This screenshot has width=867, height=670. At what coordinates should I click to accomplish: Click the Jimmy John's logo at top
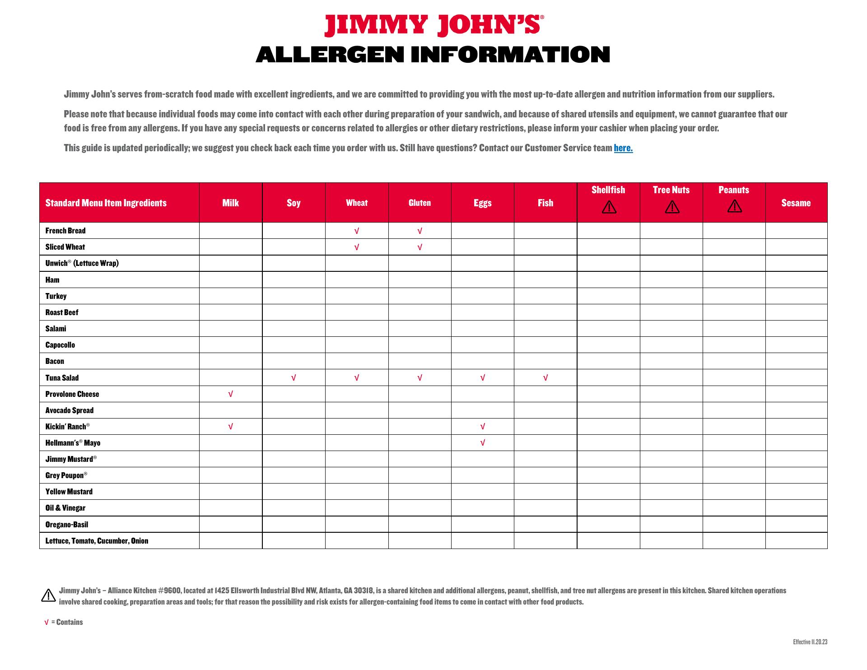(x=433, y=25)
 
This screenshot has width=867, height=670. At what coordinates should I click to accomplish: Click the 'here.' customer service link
(x=623, y=148)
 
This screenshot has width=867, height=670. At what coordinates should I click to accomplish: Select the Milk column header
(x=230, y=203)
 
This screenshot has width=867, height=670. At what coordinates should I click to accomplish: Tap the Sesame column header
(x=796, y=203)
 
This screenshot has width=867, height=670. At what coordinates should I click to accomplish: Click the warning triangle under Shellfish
(x=609, y=207)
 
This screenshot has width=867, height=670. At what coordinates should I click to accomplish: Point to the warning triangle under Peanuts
(x=734, y=206)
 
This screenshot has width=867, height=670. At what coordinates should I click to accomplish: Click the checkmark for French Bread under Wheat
(x=357, y=231)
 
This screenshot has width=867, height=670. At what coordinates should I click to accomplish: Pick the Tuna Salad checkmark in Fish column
(x=545, y=378)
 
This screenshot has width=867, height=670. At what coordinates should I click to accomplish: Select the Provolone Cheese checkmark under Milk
(x=230, y=394)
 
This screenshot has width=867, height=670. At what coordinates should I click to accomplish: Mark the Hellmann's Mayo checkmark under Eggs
(x=483, y=443)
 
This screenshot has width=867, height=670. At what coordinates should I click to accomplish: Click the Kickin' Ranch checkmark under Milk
(x=230, y=427)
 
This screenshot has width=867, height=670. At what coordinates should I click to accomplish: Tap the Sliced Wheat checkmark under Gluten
(x=420, y=247)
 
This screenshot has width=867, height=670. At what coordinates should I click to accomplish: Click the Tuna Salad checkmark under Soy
(x=294, y=378)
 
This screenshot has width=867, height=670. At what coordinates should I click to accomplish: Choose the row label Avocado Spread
(x=70, y=410)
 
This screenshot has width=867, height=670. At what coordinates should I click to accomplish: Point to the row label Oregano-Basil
(x=67, y=525)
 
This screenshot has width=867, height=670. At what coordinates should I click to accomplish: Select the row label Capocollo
(x=60, y=345)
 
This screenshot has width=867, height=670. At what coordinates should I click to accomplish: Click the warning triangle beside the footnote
(x=48, y=596)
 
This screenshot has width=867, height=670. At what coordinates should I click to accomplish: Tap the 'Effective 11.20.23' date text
(x=810, y=642)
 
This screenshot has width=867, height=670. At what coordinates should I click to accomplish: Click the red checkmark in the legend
(x=46, y=623)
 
